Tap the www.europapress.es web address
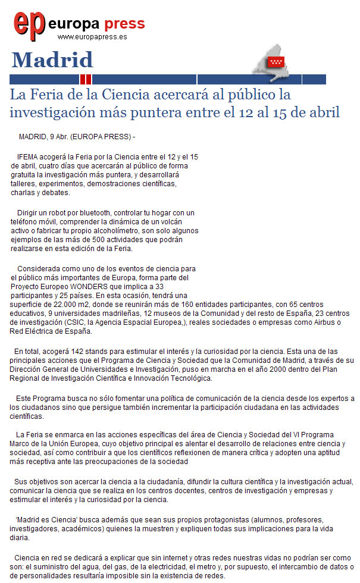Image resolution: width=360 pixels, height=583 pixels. point(92,36)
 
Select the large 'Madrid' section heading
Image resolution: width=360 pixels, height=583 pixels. point(52,60)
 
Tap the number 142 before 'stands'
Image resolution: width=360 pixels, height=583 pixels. point(77,350)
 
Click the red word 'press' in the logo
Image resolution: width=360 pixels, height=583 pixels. point(124,24)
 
